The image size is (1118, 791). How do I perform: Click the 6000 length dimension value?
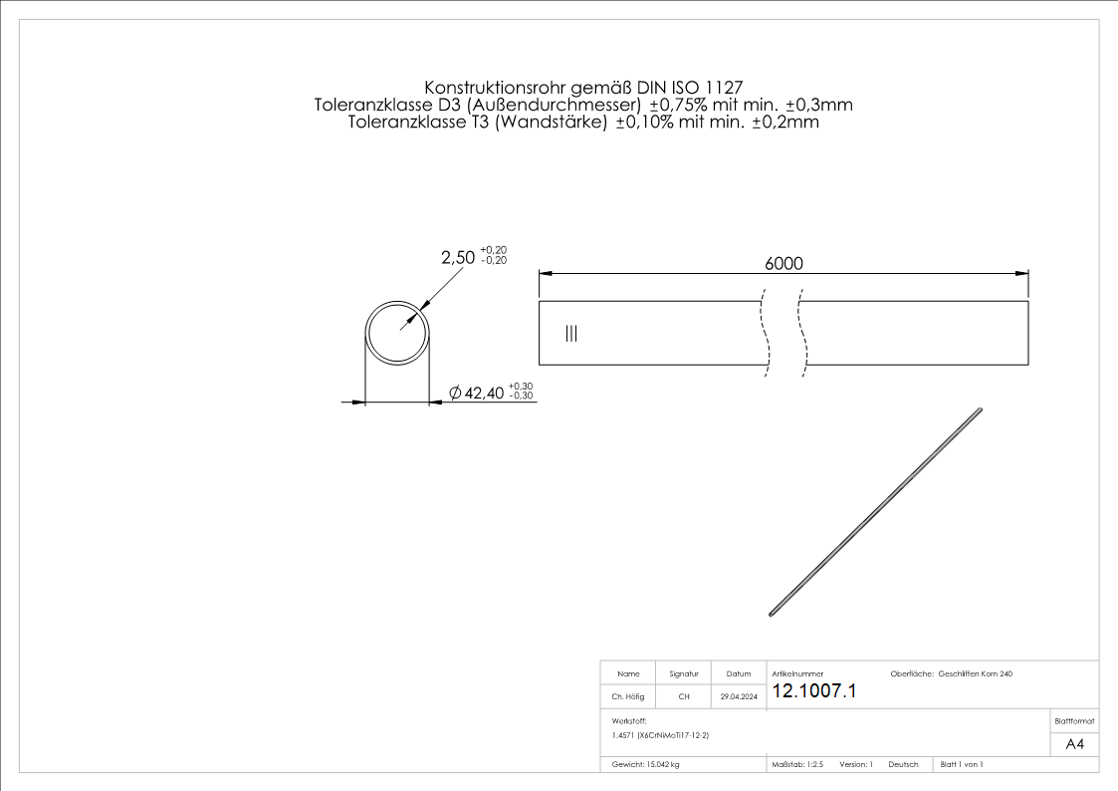click(783, 263)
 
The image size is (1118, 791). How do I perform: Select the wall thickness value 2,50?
click(457, 257)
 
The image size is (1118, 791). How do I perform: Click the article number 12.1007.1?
click(813, 691)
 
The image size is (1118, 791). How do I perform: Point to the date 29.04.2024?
click(739, 697)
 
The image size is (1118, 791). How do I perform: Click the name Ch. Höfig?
click(628, 697)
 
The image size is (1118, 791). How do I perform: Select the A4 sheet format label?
click(1074, 744)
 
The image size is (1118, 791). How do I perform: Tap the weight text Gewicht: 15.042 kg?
click(646, 764)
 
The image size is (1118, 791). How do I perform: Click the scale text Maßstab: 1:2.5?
click(797, 764)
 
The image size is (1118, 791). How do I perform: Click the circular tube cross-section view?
click(397, 332)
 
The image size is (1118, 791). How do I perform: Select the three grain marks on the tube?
click(570, 333)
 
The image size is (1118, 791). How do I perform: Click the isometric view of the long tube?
click(876, 511)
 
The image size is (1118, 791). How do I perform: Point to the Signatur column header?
click(683, 674)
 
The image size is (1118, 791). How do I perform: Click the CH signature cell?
click(683, 697)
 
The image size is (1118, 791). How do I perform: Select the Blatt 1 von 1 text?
click(962, 764)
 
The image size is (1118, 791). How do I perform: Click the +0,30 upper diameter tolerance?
click(521, 386)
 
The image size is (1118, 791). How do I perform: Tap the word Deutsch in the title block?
click(903, 764)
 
